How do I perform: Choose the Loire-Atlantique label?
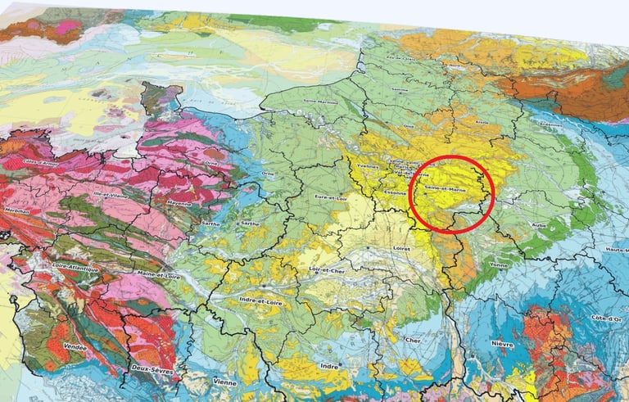(75, 267)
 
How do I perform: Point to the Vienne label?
(223, 382)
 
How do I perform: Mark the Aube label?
(539, 224)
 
